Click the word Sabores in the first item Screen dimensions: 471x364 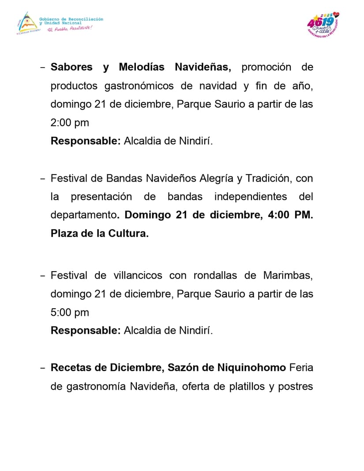tap(71, 67)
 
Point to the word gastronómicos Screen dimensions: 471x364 tap(139, 86)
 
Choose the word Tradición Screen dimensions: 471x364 tap(268, 179)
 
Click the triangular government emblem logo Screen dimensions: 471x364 tap(26, 23)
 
